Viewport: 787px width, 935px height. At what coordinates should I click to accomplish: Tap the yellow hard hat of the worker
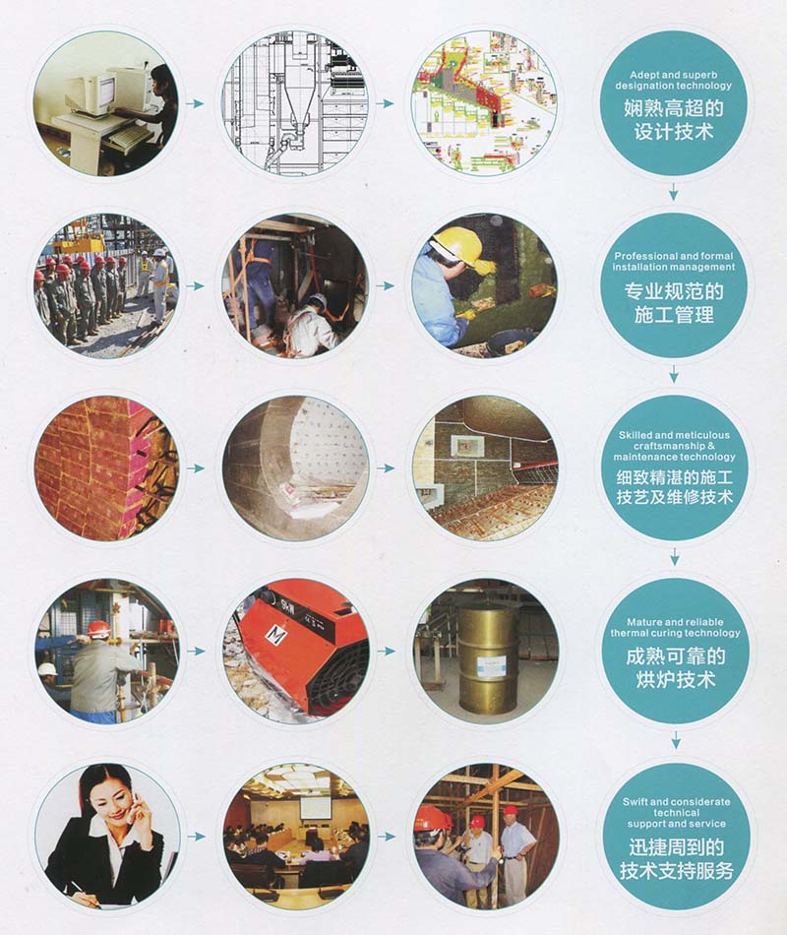pyautogui.click(x=457, y=244)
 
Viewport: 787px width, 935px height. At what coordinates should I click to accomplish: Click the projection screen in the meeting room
pyautogui.click(x=315, y=807)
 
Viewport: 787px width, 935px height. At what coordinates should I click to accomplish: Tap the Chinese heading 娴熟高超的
pyautogui.click(x=674, y=108)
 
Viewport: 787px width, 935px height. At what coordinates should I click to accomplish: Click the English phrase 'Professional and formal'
pyautogui.click(x=674, y=256)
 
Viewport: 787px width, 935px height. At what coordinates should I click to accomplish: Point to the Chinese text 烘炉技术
pyautogui.click(x=675, y=679)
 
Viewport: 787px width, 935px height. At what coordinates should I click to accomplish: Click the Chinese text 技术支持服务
pyautogui.click(x=676, y=871)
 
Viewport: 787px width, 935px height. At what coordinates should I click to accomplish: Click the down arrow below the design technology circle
pyautogui.click(x=674, y=192)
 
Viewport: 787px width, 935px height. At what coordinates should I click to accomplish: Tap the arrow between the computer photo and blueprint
pyautogui.click(x=195, y=103)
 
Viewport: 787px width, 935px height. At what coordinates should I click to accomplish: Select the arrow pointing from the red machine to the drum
pyautogui.click(x=387, y=652)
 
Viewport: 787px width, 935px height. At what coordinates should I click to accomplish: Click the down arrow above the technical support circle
pyautogui.click(x=675, y=740)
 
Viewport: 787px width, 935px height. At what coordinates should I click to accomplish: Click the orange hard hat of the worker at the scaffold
pyautogui.click(x=98, y=629)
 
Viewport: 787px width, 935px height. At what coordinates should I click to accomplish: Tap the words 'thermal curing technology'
pyautogui.click(x=675, y=633)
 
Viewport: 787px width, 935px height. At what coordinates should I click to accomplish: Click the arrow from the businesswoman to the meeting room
pyautogui.click(x=197, y=837)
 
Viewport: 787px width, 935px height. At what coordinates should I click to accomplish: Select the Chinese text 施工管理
pyautogui.click(x=674, y=314)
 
